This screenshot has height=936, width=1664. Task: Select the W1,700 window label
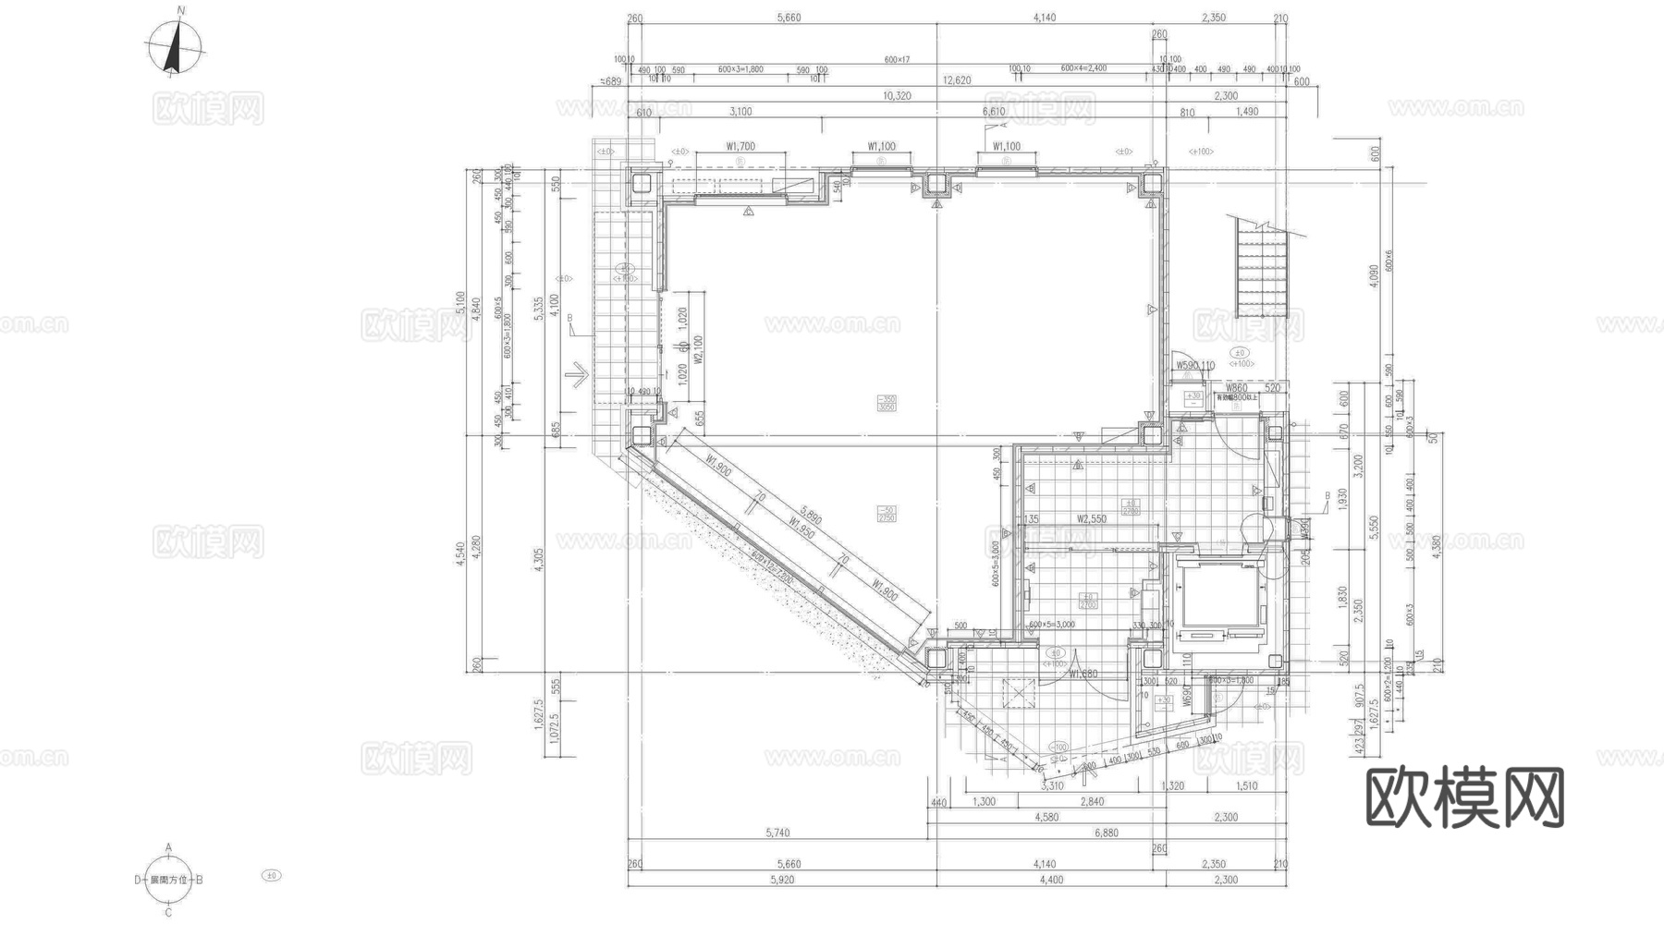[740, 146]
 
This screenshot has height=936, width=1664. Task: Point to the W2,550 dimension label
[1092, 519]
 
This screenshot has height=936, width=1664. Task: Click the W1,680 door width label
[1083, 674]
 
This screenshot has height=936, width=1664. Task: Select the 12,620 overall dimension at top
[957, 80]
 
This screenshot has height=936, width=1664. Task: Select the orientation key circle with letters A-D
[169, 880]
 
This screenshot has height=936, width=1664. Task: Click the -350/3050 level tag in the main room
[886, 403]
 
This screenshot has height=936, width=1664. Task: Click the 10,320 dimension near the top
[897, 96]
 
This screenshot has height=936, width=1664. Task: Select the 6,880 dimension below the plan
[1107, 833]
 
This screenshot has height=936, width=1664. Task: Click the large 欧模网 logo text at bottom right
[1464, 797]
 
